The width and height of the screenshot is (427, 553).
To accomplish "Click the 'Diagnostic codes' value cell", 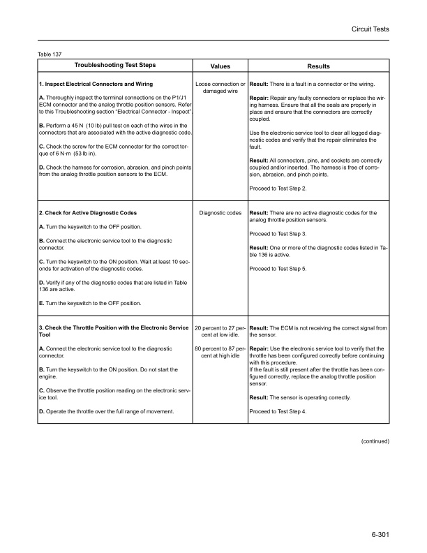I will [220, 212].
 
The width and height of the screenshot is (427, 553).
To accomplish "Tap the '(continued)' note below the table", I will [374, 442].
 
